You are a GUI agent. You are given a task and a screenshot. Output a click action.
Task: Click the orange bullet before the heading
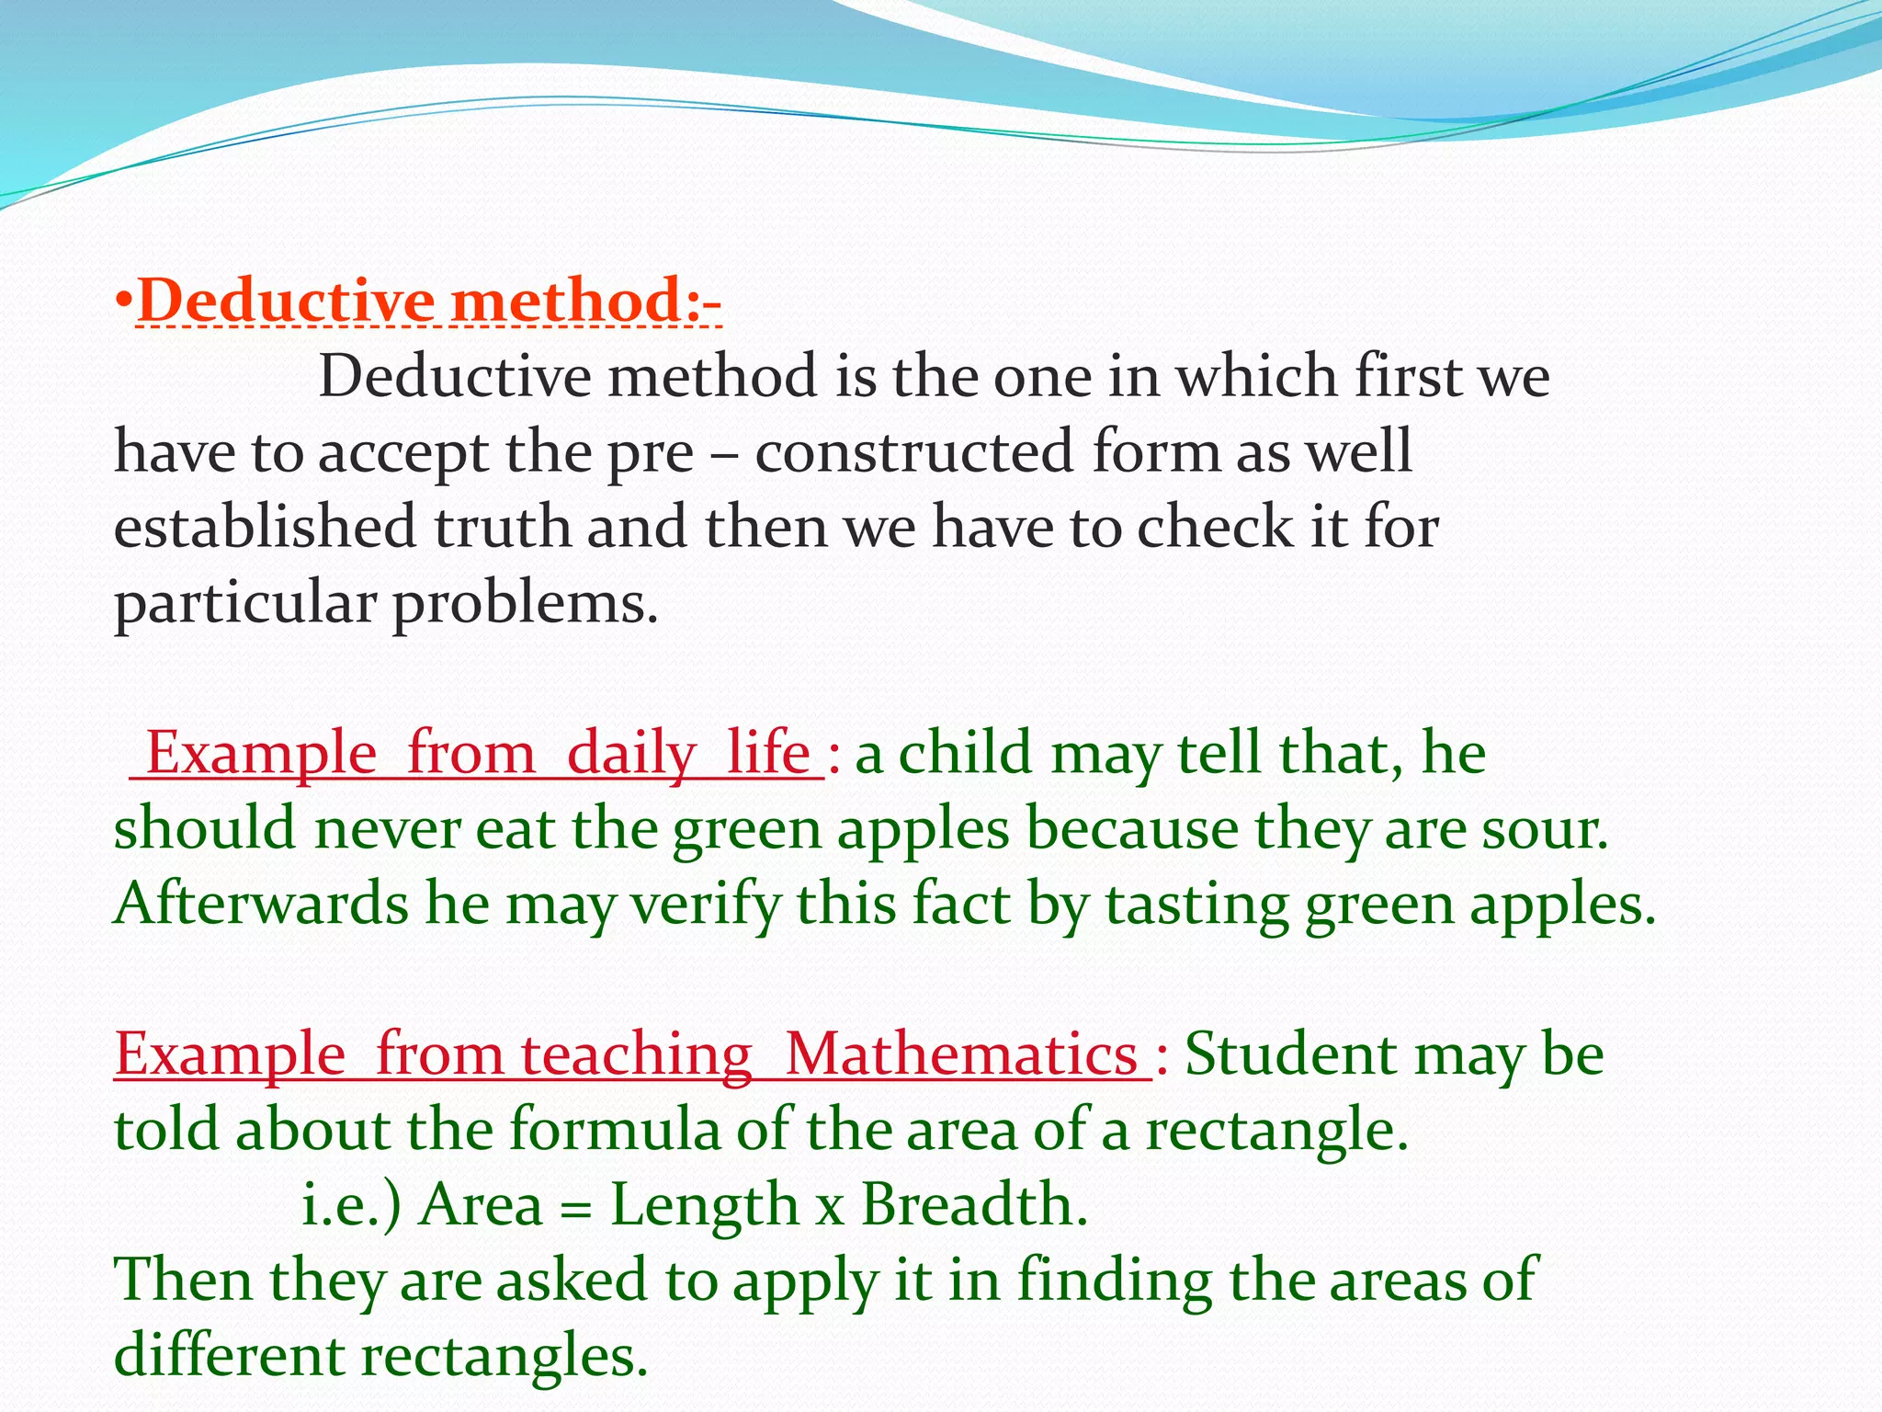coord(125,300)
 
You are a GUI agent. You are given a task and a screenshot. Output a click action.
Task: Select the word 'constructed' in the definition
coord(913,452)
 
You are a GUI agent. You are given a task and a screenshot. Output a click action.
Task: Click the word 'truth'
coord(502,528)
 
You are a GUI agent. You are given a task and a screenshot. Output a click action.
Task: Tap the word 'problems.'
coord(526,605)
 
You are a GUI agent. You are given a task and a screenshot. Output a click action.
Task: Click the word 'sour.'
coord(1545,829)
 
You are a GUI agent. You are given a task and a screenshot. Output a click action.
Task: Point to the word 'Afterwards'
coord(261,905)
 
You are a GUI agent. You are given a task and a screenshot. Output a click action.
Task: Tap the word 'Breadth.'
coord(974,1205)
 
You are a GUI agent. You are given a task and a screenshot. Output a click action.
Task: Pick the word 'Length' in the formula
coord(705,1205)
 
